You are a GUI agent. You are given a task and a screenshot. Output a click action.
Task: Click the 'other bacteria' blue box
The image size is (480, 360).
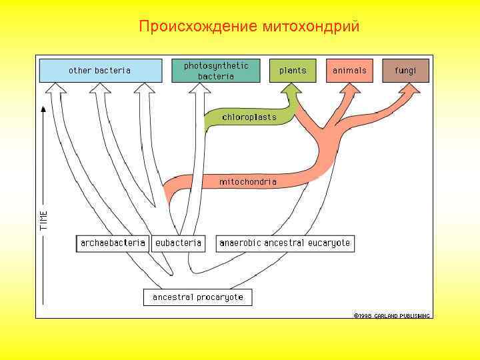click(100, 70)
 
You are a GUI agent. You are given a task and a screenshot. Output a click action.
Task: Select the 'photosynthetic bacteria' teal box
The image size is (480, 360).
click(215, 70)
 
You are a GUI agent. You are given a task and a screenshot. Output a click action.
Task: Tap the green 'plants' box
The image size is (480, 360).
click(293, 70)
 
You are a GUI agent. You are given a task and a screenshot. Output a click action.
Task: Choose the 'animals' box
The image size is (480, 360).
click(349, 70)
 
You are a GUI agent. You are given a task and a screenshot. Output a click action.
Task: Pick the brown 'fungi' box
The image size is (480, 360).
click(405, 70)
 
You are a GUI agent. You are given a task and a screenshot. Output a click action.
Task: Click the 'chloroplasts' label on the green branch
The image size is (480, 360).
click(249, 117)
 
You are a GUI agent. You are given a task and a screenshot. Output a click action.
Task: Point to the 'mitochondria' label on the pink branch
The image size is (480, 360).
click(248, 181)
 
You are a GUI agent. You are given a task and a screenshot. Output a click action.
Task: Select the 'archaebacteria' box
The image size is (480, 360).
click(113, 243)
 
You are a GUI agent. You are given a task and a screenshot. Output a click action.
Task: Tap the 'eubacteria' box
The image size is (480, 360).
click(178, 243)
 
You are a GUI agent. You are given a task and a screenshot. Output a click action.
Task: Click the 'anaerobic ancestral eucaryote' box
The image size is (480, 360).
click(285, 243)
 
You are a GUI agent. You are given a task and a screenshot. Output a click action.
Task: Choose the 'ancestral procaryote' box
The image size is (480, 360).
click(198, 297)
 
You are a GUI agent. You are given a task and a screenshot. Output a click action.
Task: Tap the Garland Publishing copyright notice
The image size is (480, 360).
click(392, 315)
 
